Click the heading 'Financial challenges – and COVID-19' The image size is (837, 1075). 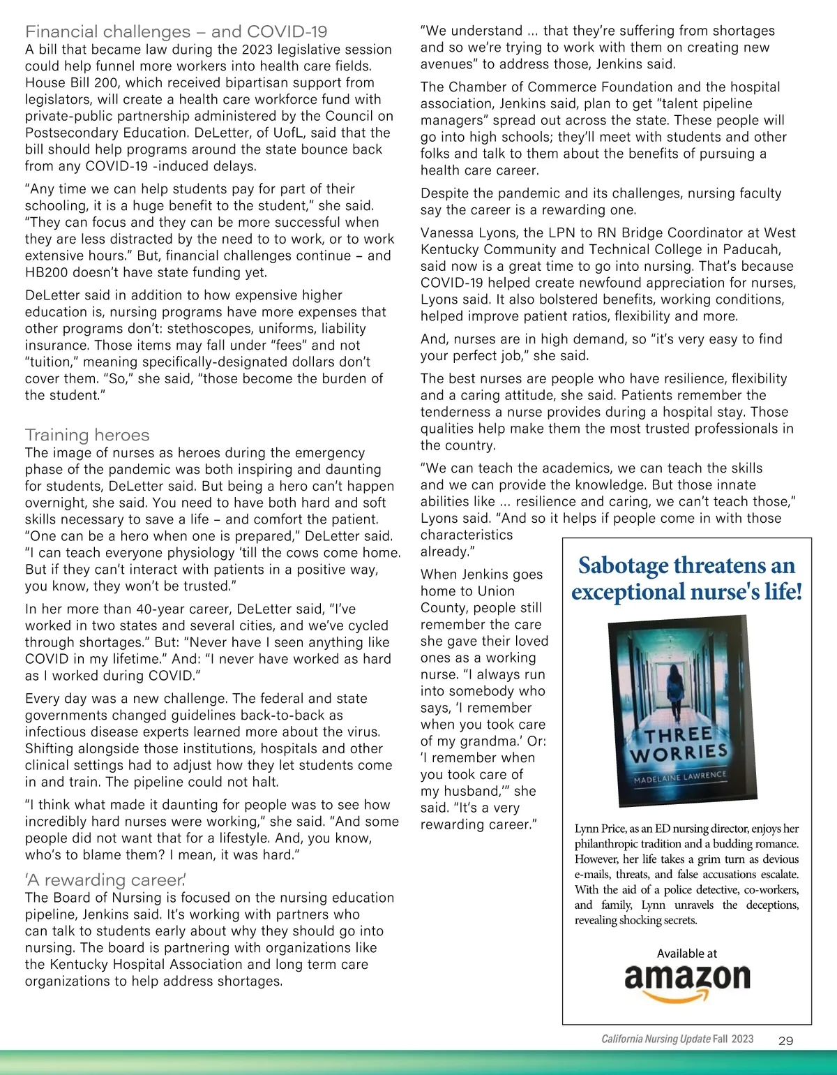point(176,31)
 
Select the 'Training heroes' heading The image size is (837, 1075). point(87,435)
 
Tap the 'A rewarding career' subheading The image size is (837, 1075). point(105,880)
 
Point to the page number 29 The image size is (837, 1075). point(785,1040)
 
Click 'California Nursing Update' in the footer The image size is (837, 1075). point(656,1039)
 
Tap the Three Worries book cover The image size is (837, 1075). point(677,709)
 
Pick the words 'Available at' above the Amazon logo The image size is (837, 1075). point(686,954)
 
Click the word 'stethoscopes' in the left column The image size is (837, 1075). point(206,329)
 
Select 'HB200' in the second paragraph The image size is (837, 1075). point(47,273)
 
